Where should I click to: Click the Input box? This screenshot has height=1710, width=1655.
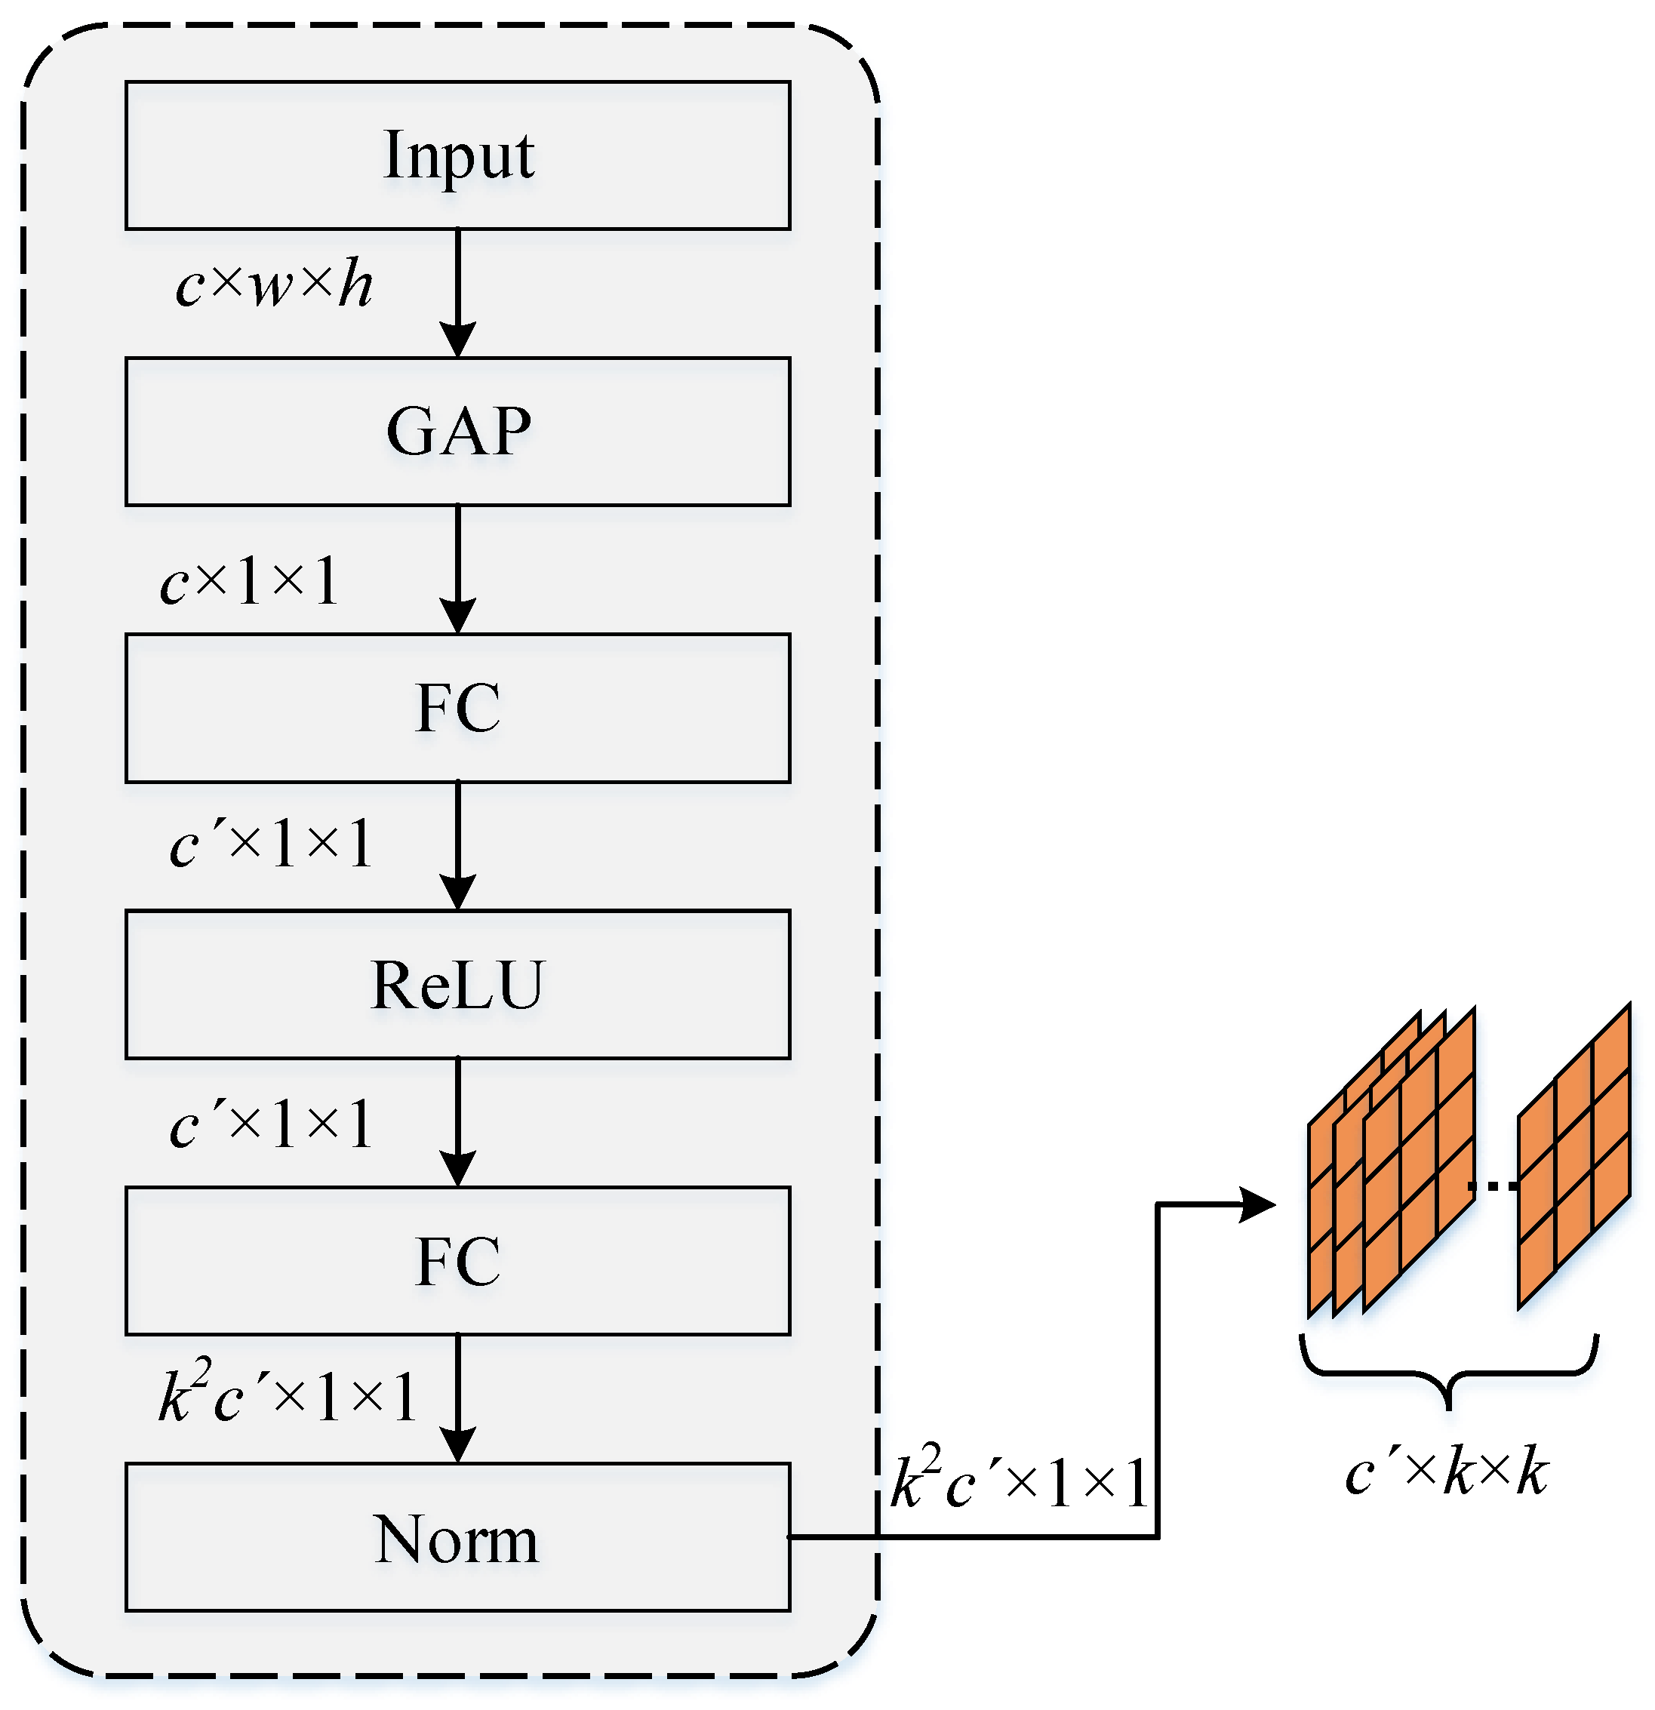point(457,155)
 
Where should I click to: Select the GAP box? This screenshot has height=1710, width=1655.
point(457,431)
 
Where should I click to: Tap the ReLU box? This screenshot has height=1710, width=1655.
point(457,984)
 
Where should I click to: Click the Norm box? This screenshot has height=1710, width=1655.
point(457,1537)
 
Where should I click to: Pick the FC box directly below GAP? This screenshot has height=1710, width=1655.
point(457,708)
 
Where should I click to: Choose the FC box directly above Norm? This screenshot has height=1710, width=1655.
point(457,1261)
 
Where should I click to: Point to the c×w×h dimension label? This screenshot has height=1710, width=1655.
point(274,285)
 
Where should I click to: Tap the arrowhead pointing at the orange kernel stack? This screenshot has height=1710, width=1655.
point(1257,1205)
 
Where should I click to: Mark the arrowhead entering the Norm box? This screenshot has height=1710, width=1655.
point(457,1446)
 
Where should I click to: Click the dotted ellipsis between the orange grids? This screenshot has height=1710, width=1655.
point(1494,1186)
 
